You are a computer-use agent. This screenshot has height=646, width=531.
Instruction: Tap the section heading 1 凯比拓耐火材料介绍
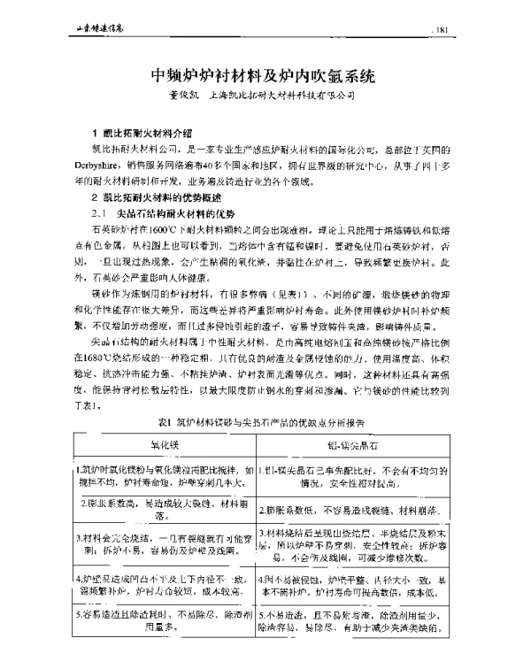[x=142, y=133]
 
